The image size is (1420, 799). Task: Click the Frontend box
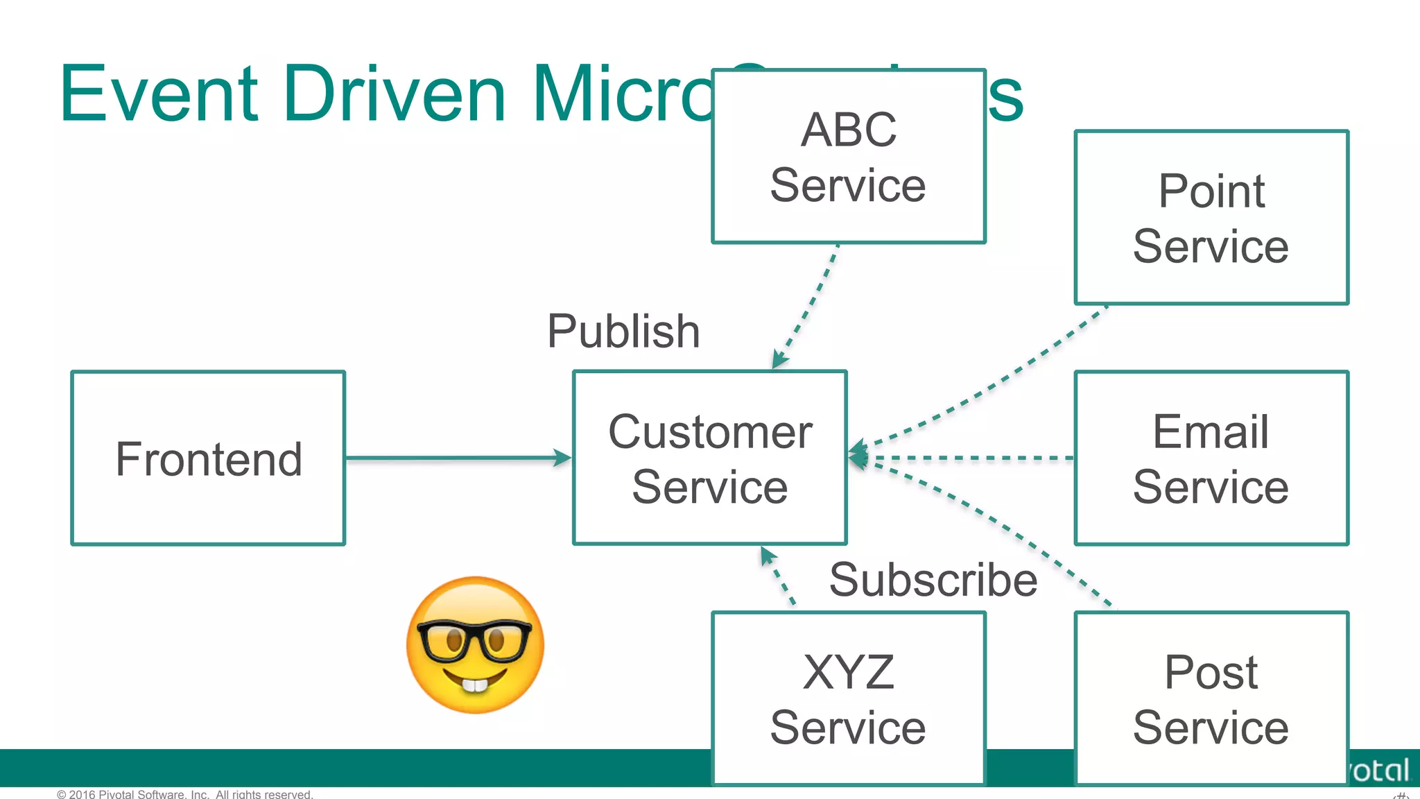click(x=208, y=458)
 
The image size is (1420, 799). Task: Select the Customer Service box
click(x=709, y=458)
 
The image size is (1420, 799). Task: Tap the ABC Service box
click(x=848, y=157)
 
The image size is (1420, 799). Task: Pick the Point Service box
click(x=1211, y=218)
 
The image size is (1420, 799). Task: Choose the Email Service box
click(x=1211, y=458)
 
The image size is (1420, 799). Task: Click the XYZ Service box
click(x=848, y=698)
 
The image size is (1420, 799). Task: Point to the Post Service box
click(x=1211, y=698)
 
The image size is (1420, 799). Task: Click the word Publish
click(x=623, y=331)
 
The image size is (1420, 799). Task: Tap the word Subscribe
click(x=933, y=580)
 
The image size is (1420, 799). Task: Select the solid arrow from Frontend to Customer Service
click(x=458, y=458)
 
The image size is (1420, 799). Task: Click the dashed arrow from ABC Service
click(x=808, y=305)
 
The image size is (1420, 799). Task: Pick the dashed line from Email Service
click(x=971, y=458)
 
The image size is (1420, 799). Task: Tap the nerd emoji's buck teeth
click(x=475, y=685)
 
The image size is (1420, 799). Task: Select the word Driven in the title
click(x=395, y=94)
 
